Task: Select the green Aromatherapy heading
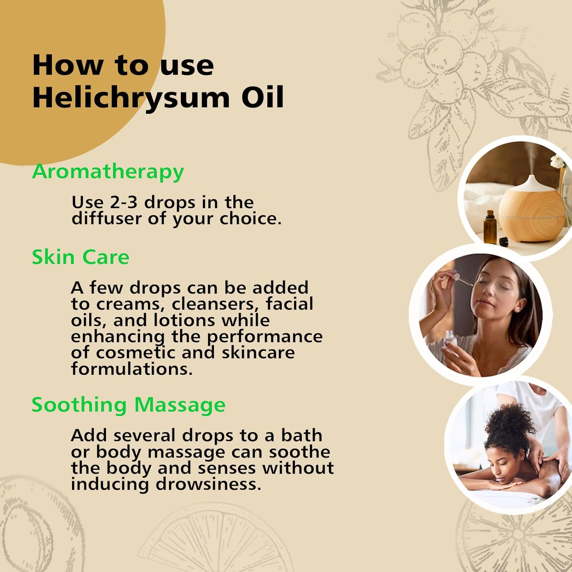pyautogui.click(x=108, y=172)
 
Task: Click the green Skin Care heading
pyautogui.click(x=80, y=257)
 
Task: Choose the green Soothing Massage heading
pyautogui.click(x=128, y=405)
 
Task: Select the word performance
pyautogui.click(x=265, y=336)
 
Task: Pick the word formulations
pyautogui.click(x=132, y=369)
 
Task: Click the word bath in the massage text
pyautogui.click(x=301, y=435)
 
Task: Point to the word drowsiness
pyautogui.click(x=208, y=484)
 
